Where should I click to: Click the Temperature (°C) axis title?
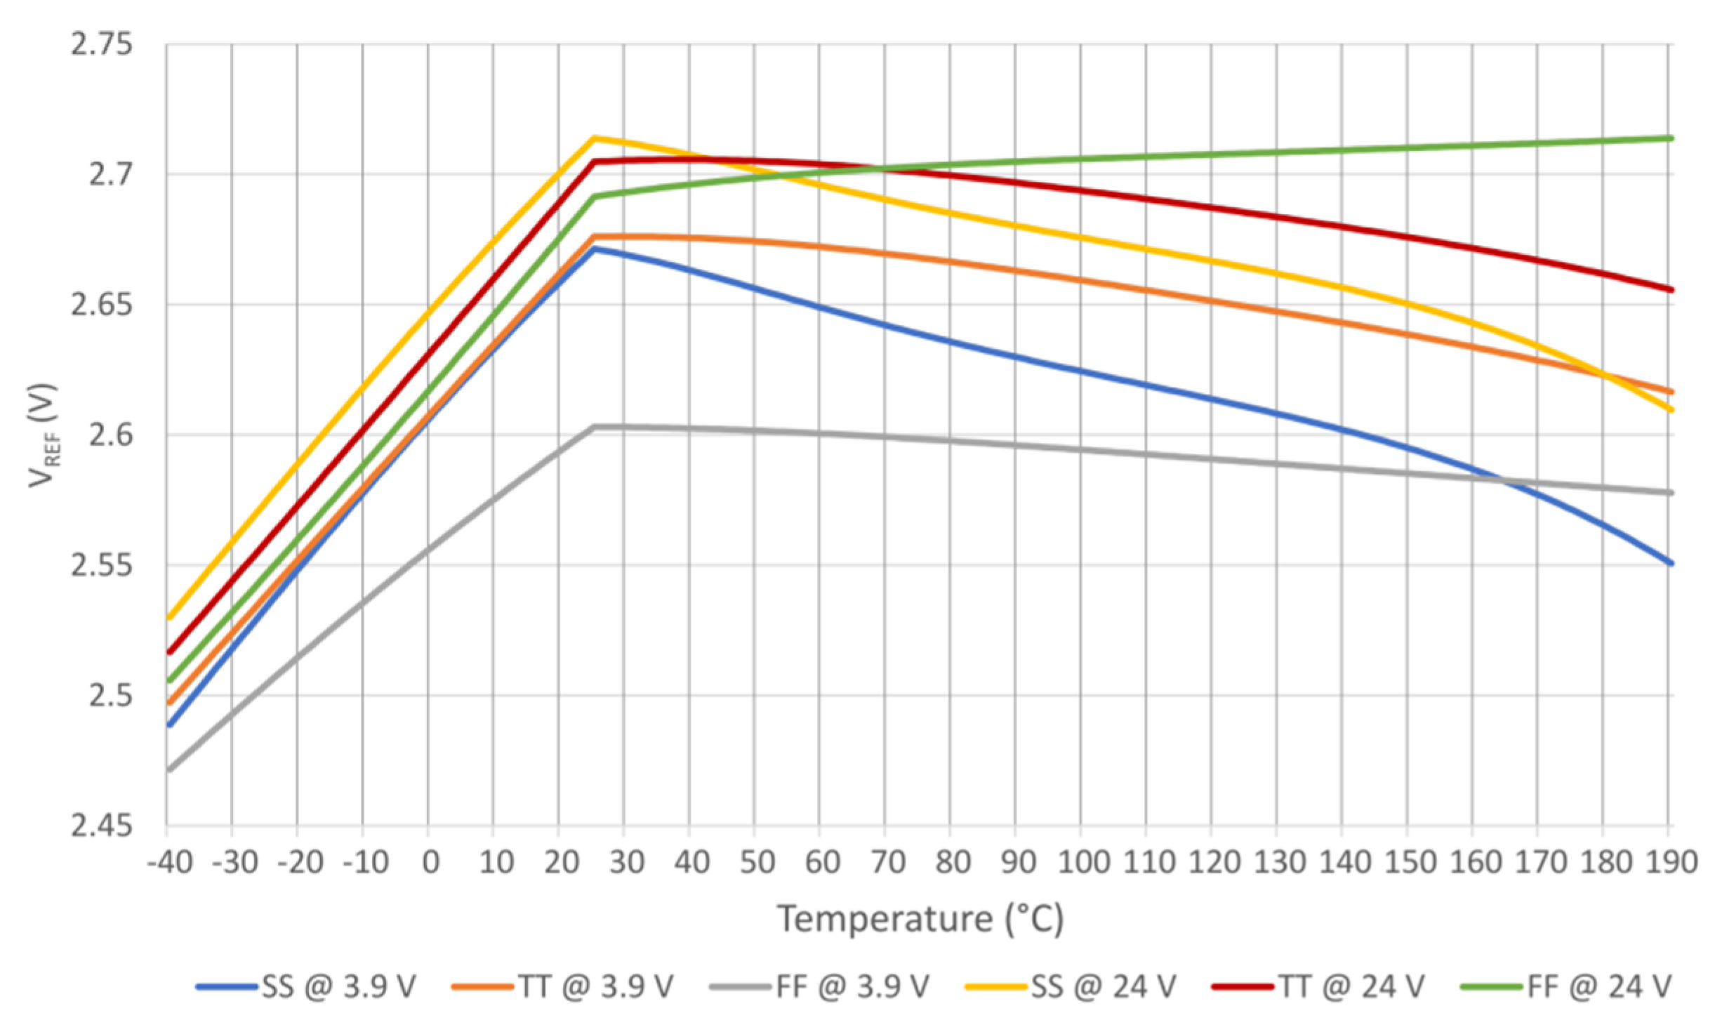coord(920,919)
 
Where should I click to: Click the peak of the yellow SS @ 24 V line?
coord(594,138)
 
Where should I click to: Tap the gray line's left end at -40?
coord(169,770)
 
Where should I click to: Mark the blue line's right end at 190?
coord(1671,563)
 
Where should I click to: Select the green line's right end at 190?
coord(1671,138)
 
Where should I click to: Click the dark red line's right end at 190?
coord(1671,289)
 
